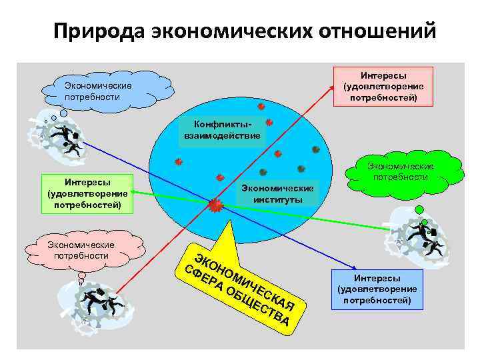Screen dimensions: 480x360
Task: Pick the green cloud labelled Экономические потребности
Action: [x=404, y=171]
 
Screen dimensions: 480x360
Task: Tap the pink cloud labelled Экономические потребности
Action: [x=81, y=251]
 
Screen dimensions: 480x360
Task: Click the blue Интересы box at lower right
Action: [x=377, y=289]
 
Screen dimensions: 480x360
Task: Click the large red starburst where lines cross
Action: [x=215, y=206]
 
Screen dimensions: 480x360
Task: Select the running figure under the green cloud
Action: [x=423, y=237]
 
